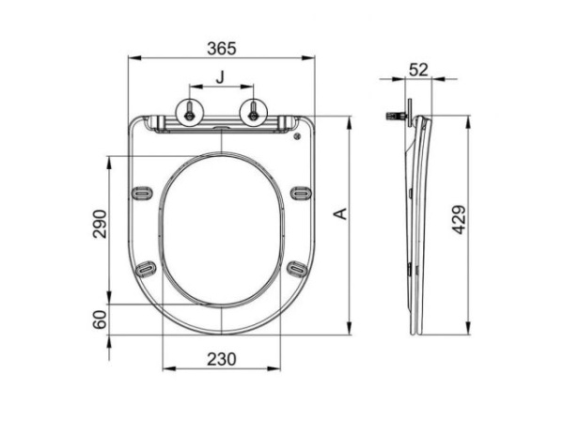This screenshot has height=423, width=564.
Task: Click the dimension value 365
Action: click(221, 47)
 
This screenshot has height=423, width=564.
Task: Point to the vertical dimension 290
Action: click(101, 223)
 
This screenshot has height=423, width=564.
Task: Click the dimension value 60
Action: click(101, 320)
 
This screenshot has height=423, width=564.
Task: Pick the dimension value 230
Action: click(221, 359)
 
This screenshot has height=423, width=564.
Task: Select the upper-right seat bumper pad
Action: click(300, 193)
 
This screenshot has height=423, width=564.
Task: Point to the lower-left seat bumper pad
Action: click(146, 269)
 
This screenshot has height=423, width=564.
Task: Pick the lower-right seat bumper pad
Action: click(297, 269)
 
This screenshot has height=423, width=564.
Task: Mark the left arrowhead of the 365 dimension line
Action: click(131, 59)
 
